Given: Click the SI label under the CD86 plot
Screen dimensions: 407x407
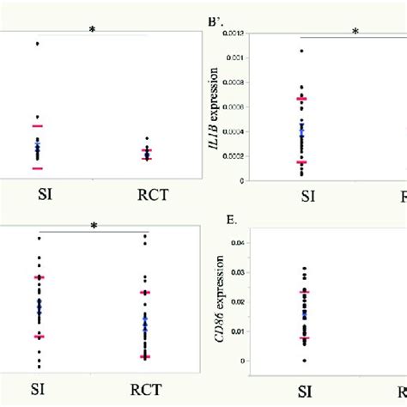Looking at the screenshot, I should click(x=305, y=392).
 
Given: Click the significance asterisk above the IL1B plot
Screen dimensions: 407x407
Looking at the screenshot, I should click(x=355, y=33).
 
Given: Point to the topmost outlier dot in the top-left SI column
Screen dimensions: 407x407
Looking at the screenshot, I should click(x=37, y=43).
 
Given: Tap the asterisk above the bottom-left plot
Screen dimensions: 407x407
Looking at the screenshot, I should click(x=94, y=227).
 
